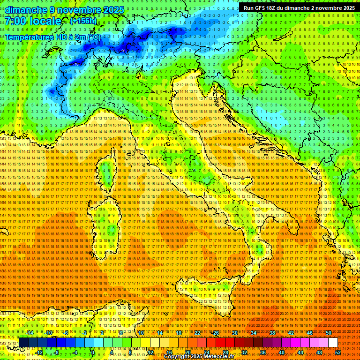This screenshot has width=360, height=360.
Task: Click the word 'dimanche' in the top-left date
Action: coord(24,10)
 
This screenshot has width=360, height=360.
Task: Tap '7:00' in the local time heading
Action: coord(15,21)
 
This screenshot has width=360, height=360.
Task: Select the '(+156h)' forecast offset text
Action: coord(83,21)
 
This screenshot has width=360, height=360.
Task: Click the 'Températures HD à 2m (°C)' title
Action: coord(52,37)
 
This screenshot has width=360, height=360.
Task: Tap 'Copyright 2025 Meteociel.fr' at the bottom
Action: coord(202,357)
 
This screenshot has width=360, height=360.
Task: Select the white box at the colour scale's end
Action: coord(333,343)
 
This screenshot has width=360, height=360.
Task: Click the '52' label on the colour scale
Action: coord(338,352)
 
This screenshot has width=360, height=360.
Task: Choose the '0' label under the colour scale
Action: coord(93,352)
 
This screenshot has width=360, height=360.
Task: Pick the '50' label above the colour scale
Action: coord(329,333)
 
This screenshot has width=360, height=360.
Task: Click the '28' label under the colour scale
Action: coord(225,352)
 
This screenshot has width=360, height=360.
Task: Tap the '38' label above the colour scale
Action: coord(272,333)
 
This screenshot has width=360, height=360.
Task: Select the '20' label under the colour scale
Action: coord(187,352)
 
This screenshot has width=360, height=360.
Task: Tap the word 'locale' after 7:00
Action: coord(45,21)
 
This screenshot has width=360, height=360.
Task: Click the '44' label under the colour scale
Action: coord(300,352)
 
